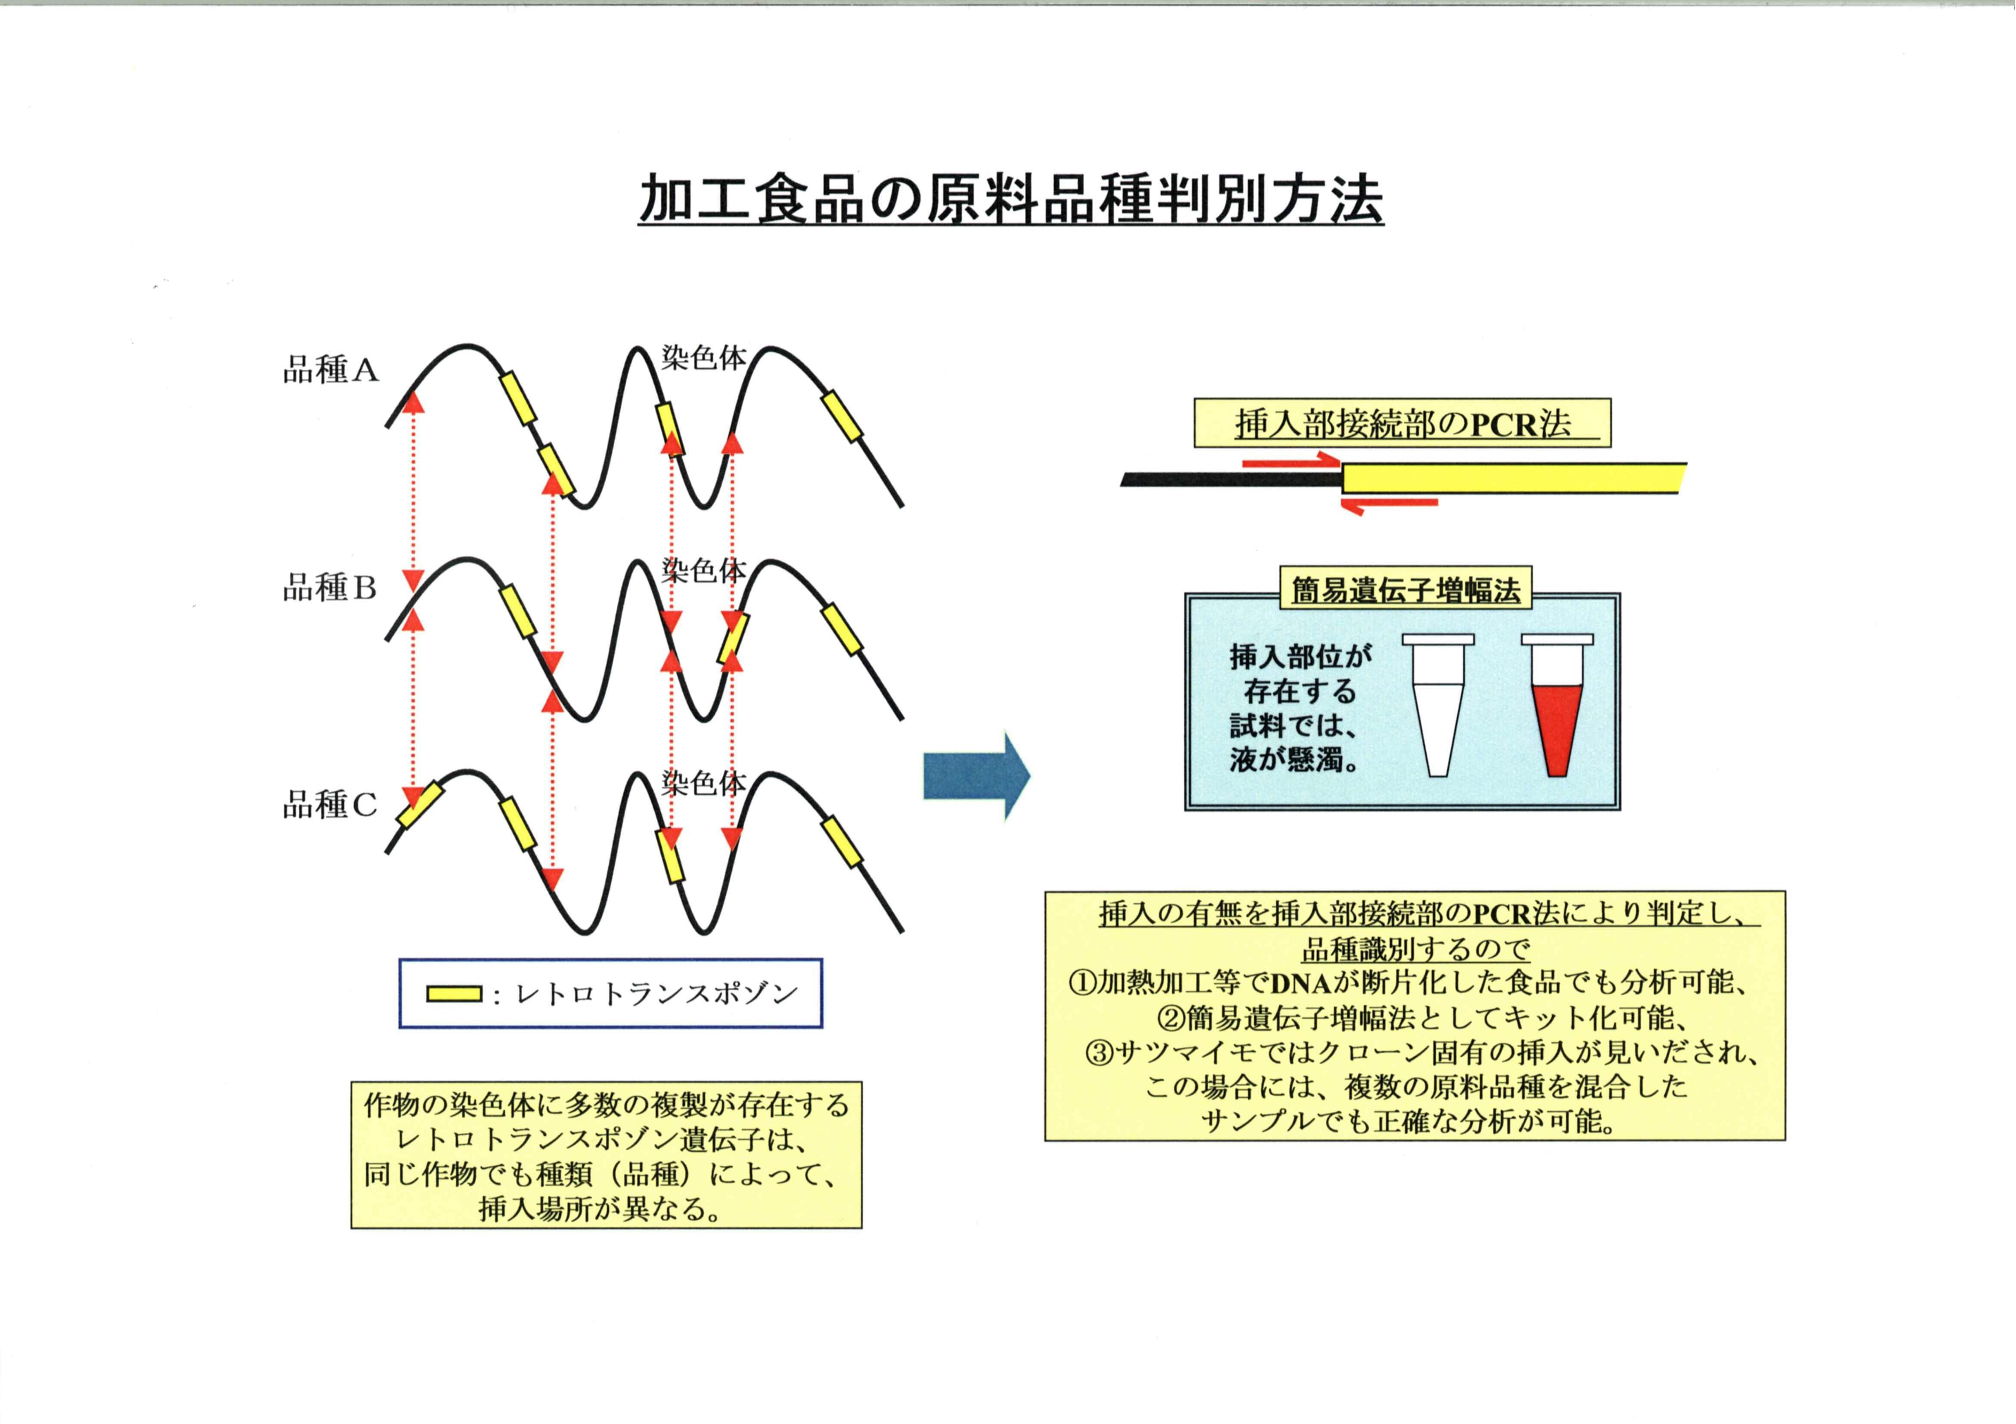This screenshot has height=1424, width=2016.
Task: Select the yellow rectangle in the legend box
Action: pos(454,994)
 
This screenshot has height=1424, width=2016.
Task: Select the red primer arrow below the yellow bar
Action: pos(1389,504)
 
